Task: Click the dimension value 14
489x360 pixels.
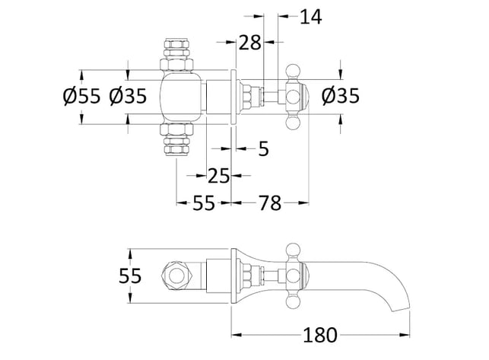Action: click(310, 17)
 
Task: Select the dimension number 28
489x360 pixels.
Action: click(249, 43)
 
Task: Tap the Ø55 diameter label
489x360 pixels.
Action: click(81, 96)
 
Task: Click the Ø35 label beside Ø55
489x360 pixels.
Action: click(128, 96)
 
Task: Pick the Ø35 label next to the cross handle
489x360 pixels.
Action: click(341, 96)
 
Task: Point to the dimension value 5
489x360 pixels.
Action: click(264, 149)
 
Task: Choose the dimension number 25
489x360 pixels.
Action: click(218, 176)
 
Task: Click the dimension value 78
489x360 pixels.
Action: click(270, 203)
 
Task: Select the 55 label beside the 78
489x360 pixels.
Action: click(204, 203)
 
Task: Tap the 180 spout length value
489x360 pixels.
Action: click(320, 336)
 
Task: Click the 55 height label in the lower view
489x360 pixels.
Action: click(130, 276)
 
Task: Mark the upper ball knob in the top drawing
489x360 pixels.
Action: click(294, 72)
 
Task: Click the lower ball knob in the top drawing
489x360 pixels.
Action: click(294, 122)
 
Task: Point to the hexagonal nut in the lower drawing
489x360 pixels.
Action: click(176, 276)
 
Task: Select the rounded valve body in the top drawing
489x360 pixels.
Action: click(181, 97)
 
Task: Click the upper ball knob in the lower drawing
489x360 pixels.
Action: click(294, 250)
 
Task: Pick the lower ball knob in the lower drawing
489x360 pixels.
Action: click(294, 301)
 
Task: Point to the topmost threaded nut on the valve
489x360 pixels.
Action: click(176, 43)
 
